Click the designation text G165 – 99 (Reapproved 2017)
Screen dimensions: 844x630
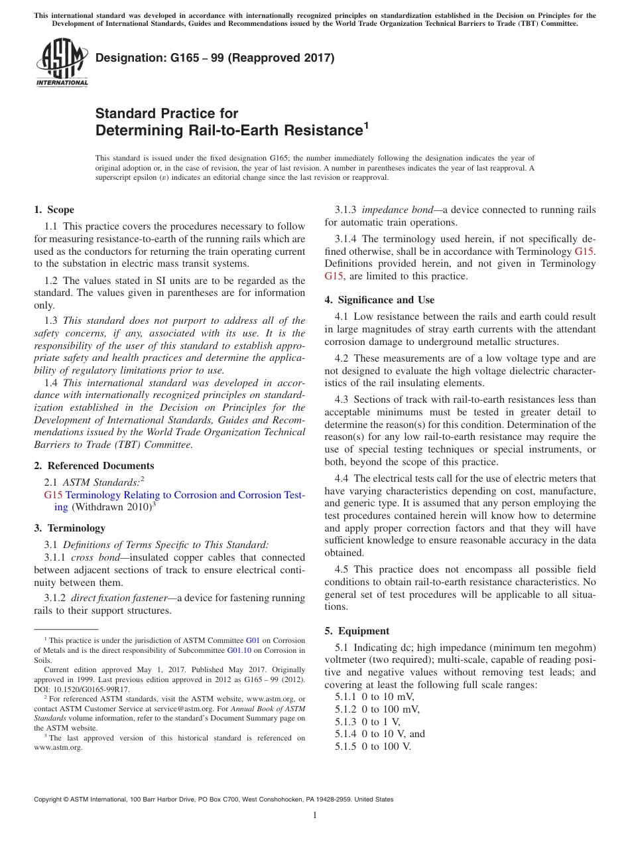[215, 58]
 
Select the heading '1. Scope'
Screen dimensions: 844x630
[54, 210]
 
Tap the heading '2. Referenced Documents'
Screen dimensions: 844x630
[94, 466]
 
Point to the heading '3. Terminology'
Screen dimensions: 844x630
[70, 528]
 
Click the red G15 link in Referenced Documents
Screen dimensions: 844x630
[53, 495]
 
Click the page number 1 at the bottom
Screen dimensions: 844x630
[315, 815]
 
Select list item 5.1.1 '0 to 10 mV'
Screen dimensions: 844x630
[374, 697]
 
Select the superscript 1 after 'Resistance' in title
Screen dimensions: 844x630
[365, 124]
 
